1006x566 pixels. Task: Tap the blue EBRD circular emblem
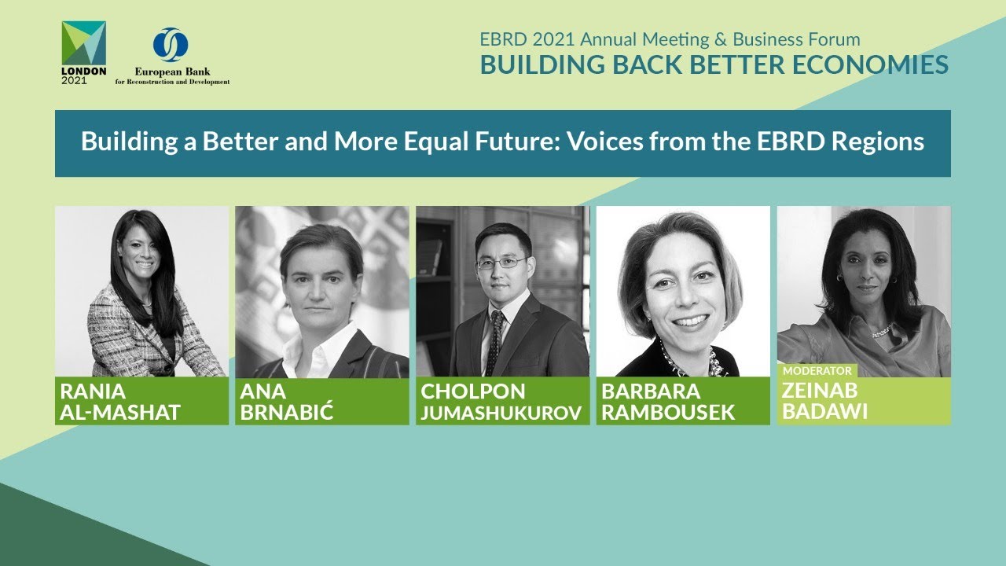pyautogui.click(x=171, y=44)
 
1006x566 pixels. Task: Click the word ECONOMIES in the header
pyautogui.click(x=872, y=65)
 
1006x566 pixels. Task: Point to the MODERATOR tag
pyautogui.click(x=817, y=370)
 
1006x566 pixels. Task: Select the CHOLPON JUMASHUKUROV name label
pyautogui.click(x=503, y=401)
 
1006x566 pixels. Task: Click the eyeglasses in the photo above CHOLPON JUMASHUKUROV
pyautogui.click(x=501, y=263)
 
